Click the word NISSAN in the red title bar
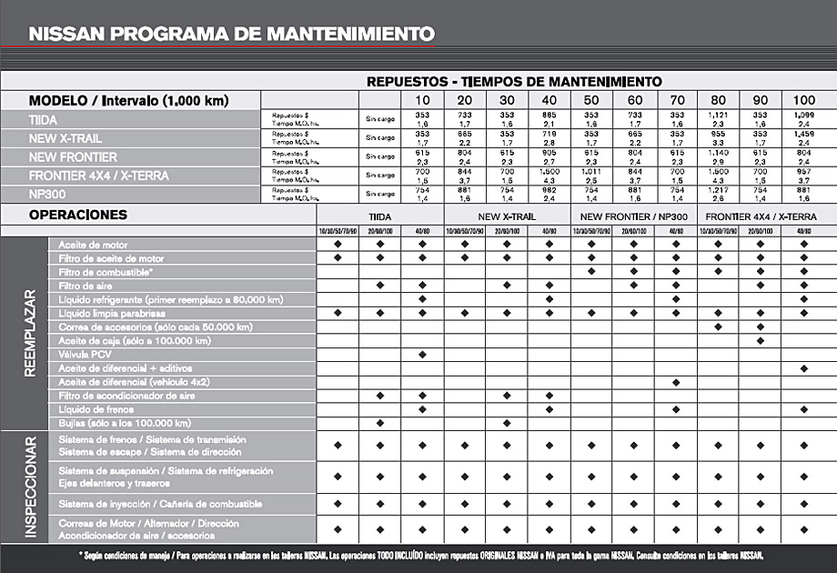[x=65, y=35]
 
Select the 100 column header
[x=804, y=99]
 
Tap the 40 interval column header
[x=549, y=99]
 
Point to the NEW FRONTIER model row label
[x=73, y=156]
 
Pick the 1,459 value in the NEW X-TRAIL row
[x=804, y=133]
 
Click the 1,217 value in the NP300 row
[x=719, y=189]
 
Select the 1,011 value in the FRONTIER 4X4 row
[x=591, y=170]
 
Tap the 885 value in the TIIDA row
[x=549, y=115]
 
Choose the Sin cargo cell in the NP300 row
[x=380, y=193]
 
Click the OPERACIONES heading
[x=78, y=216]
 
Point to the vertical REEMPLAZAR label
[x=30, y=334]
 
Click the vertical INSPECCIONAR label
[x=30, y=487]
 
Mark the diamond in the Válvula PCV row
[x=422, y=354]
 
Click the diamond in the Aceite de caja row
[x=761, y=340]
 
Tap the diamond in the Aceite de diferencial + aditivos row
[x=804, y=367]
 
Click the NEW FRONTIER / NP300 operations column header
[x=633, y=217]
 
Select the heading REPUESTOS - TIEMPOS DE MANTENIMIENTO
[x=514, y=81]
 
